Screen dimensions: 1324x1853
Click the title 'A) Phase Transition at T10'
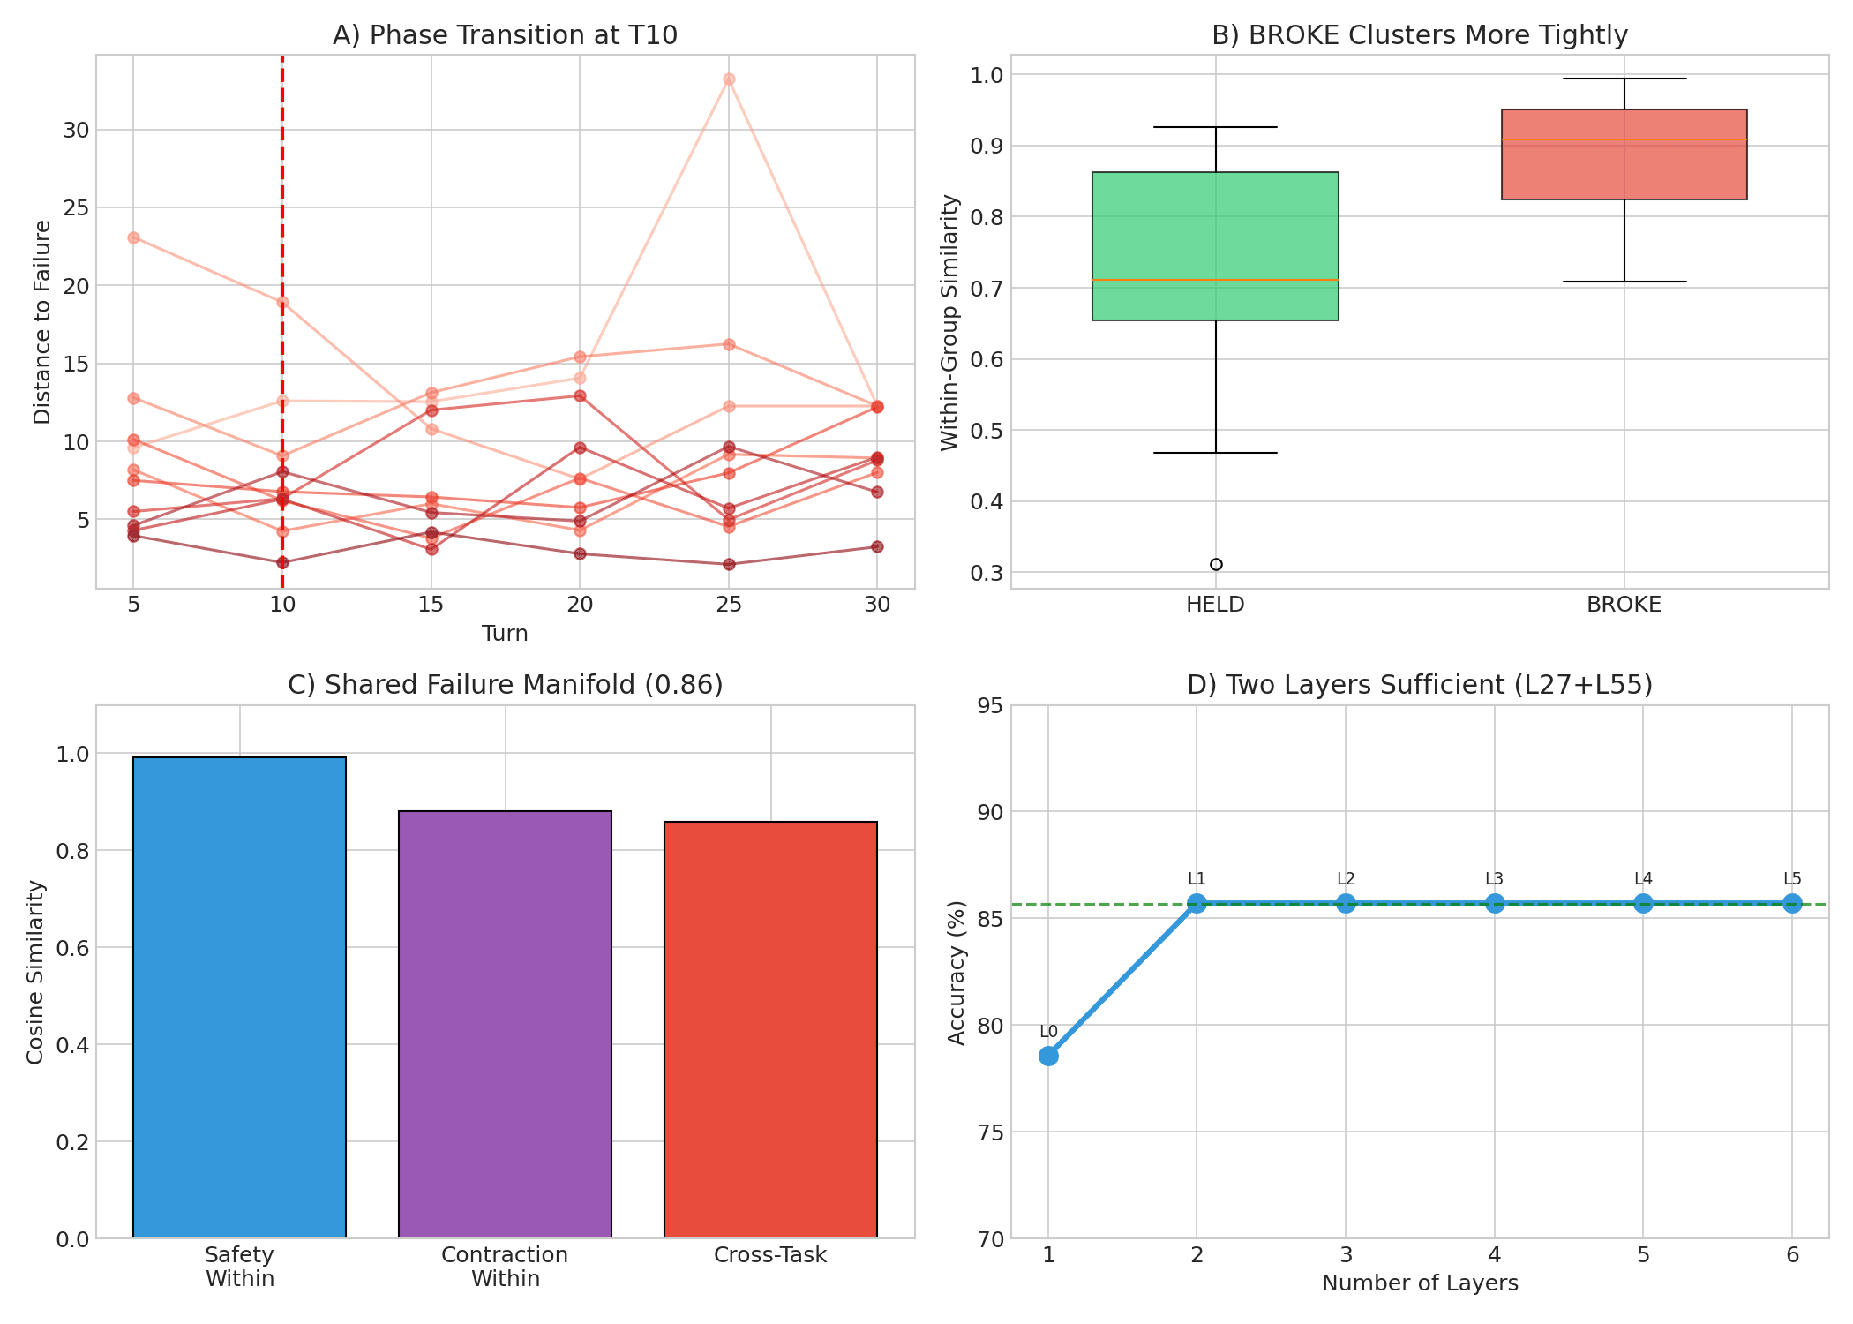pos(505,35)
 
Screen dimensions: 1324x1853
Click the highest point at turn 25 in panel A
pos(729,79)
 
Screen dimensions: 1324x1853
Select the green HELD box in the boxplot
pos(1215,246)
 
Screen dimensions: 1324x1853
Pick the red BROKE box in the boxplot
pos(1624,154)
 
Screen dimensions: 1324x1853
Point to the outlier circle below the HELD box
pos(1216,564)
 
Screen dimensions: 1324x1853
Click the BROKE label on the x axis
pos(1624,605)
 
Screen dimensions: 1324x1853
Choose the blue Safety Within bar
pos(239,997)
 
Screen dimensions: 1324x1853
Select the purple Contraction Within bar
pos(505,1024)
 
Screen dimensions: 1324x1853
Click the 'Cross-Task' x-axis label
pos(770,1255)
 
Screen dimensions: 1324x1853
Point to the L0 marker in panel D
pos(1048,1056)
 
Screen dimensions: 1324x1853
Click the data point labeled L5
pos(1792,903)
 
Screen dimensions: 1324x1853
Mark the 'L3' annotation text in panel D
pos(1494,879)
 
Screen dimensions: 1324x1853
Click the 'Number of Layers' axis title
pos(1420,1283)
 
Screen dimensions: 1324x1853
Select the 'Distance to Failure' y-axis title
pos(42,322)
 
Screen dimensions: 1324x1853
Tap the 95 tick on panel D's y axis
pos(991,705)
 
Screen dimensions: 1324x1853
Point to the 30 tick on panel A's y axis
pos(77,130)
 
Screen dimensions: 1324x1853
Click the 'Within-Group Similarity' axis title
pos(949,322)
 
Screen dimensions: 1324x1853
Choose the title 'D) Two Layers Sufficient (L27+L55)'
pos(1420,685)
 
